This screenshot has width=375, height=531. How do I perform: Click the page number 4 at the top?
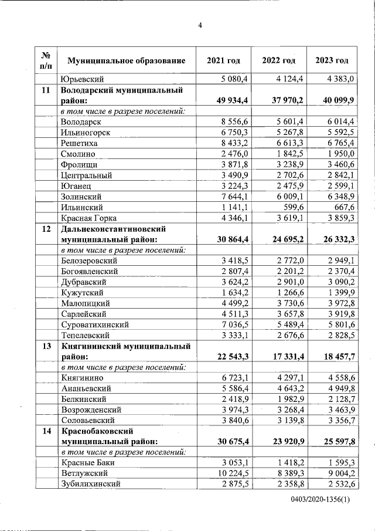tap(200, 26)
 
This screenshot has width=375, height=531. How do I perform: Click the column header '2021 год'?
tap(223, 60)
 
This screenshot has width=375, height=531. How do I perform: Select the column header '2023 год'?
tap(332, 60)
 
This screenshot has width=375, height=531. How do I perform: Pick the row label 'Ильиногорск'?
tap(84, 132)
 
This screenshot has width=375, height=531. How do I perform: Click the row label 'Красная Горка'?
tap(88, 218)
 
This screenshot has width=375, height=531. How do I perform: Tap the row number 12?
tap(46, 229)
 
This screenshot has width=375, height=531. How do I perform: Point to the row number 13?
tap(46, 347)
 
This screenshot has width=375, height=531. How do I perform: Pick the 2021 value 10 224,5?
tap(232, 473)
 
